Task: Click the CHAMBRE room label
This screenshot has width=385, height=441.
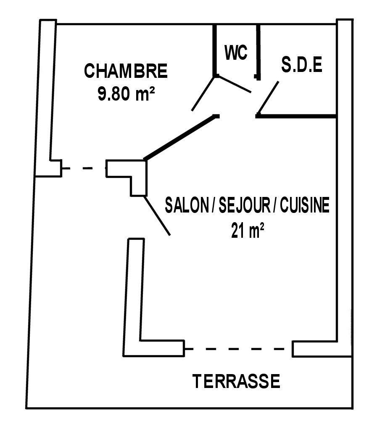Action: tap(126, 71)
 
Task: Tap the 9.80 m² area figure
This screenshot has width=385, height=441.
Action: tap(126, 93)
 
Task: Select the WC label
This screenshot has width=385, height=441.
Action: tap(236, 52)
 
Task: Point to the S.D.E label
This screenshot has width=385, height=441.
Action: tap(302, 65)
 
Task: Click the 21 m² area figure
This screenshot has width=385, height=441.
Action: tap(248, 231)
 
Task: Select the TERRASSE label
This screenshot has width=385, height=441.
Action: tap(236, 381)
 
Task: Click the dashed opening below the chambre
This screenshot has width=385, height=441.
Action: tap(84, 168)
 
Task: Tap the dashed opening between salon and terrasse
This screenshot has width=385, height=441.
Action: tap(238, 349)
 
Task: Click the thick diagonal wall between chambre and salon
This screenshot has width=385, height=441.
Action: tap(182, 137)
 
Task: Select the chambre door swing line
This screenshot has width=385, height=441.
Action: tap(203, 93)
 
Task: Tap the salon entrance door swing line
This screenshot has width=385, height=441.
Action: tap(157, 215)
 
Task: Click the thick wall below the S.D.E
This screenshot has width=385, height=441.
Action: tap(296, 116)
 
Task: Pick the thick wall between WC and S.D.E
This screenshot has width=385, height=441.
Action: tap(258, 52)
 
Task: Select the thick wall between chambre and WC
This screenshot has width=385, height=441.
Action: tap(215, 50)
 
